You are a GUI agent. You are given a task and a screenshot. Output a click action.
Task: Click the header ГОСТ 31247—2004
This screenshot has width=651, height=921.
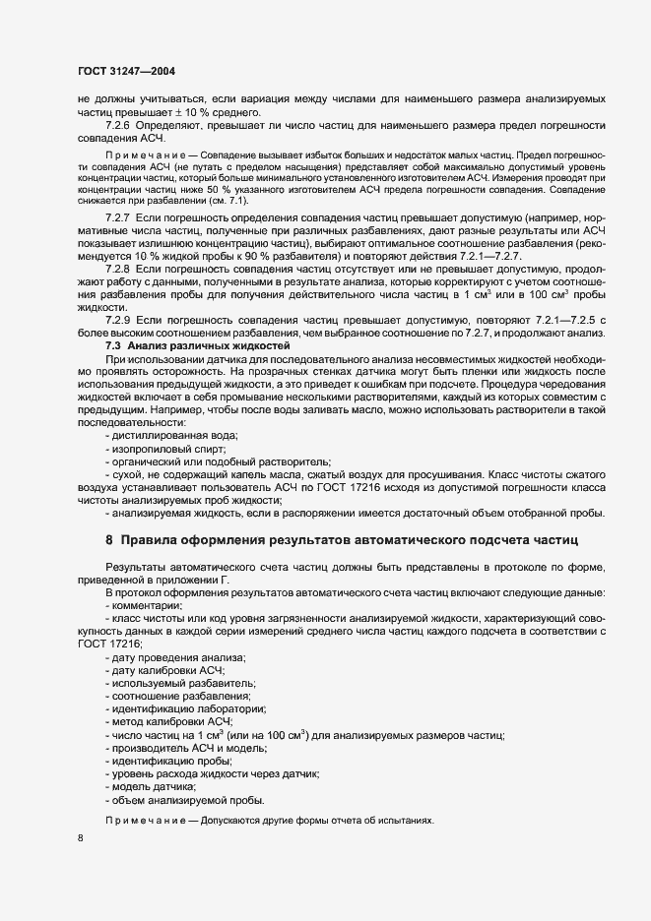click(x=126, y=71)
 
